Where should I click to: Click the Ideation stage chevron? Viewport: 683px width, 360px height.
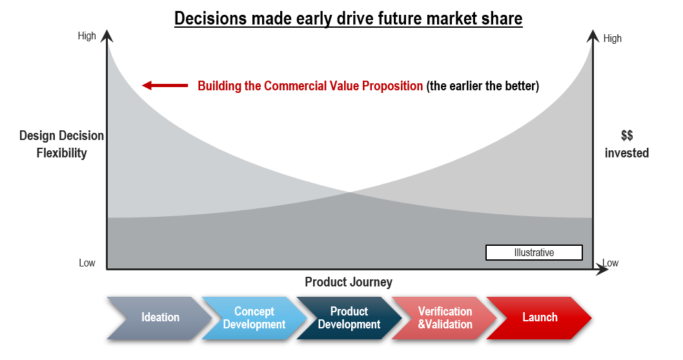tap(159, 318)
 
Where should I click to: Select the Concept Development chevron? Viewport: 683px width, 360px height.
tap(254, 318)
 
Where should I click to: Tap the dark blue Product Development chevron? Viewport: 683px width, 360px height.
tap(349, 318)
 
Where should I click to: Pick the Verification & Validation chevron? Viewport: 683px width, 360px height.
tap(444, 318)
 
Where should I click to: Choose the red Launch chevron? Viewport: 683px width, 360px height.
tap(539, 318)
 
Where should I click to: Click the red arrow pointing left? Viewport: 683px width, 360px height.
tap(165, 85)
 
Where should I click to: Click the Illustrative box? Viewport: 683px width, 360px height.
tap(534, 252)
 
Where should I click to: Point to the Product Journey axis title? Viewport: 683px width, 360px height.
tap(349, 282)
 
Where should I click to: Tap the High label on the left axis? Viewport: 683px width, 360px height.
tap(87, 35)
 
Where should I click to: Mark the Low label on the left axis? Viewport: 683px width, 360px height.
tap(87, 263)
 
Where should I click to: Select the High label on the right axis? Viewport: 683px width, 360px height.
tap(613, 38)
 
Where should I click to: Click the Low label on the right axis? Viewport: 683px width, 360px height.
tap(611, 263)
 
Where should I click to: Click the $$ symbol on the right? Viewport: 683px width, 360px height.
tap(627, 135)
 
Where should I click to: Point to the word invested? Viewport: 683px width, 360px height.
tap(627, 153)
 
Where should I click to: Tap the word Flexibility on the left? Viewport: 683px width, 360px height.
tap(61, 154)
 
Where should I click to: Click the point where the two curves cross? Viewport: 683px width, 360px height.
tap(350, 192)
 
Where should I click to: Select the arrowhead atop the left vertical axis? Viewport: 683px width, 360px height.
tap(107, 35)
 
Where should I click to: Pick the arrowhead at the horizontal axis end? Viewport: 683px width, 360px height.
tap(602, 270)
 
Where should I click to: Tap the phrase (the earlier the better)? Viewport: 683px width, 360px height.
tap(483, 86)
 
